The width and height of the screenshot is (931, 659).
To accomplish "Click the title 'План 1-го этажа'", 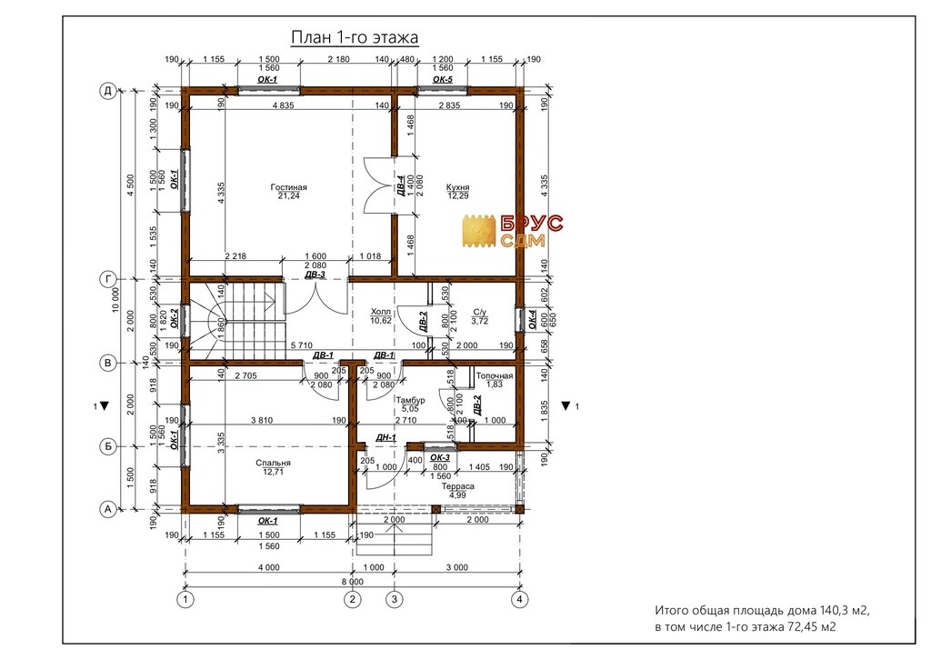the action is [x=355, y=36].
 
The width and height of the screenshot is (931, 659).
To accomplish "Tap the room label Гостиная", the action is [x=288, y=187].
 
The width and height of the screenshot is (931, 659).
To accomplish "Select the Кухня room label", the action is [x=458, y=187].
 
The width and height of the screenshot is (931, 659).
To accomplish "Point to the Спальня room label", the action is [x=273, y=463].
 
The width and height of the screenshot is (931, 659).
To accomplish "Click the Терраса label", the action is [x=458, y=486].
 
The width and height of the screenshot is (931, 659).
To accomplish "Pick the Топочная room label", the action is [x=494, y=375].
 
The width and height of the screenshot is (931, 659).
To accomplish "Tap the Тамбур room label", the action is [x=410, y=400].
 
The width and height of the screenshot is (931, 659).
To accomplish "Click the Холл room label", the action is [x=381, y=312].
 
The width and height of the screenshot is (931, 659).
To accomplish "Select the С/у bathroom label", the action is [x=480, y=312].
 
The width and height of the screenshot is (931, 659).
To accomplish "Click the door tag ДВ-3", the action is [x=315, y=275].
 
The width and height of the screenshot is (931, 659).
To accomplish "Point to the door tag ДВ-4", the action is [x=401, y=185].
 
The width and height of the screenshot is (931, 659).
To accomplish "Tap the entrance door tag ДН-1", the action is [x=385, y=437].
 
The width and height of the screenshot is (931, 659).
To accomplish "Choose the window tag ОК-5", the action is [x=443, y=79].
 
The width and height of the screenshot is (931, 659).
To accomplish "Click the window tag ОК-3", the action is [x=439, y=458].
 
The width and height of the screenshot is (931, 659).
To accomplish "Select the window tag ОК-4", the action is [x=533, y=319].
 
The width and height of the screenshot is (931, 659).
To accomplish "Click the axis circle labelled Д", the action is [x=107, y=91].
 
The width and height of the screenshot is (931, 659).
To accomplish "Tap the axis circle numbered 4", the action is [x=519, y=600].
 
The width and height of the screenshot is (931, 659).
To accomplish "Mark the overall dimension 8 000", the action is [x=352, y=582].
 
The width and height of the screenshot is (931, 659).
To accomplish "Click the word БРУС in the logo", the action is [x=532, y=224].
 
